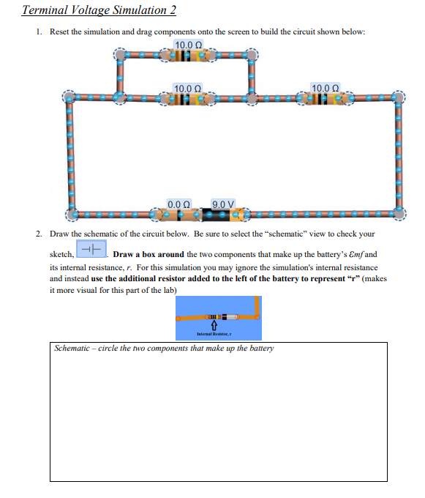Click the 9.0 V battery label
pos(222,204)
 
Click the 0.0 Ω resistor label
pos(178,204)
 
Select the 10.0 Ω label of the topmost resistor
pos(189,45)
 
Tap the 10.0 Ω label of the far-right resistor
pos(325,88)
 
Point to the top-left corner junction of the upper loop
pos(120,55)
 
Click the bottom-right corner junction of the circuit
pos(399,212)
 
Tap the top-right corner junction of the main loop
pos(398,97)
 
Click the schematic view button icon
pos(91,249)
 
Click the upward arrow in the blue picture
pos(214,325)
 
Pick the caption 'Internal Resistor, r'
pos(214,334)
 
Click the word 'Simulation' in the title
pos(140,10)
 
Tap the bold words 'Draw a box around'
pos(148,254)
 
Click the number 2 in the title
pos(173,10)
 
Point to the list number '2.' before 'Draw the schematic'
pos(39,234)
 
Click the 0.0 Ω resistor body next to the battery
pos(180,215)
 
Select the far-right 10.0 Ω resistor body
pos(325,98)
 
